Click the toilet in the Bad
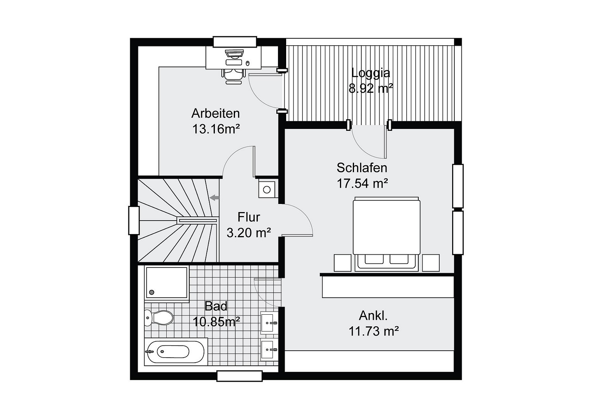pyautogui.click(x=159, y=318)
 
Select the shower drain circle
pyautogui.click(x=152, y=292)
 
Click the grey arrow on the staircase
pyautogui.click(x=214, y=197)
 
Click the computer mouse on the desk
pyautogui.click(x=248, y=63)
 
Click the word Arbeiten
pyautogui.click(x=216, y=113)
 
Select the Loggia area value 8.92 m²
pyautogui.click(x=371, y=88)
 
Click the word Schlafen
pyautogui.click(x=362, y=168)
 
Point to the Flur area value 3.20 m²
pyautogui.click(x=249, y=233)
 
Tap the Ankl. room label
pyautogui.click(x=373, y=316)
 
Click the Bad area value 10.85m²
pyautogui.click(x=216, y=322)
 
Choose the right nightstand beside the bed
pyautogui.click(x=431, y=263)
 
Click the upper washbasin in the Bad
pyautogui.click(x=269, y=322)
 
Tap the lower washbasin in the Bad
pyautogui.click(x=269, y=350)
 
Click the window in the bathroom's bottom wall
pyautogui.click(x=240, y=376)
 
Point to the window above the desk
pyautogui.click(x=235, y=42)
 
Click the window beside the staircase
pyautogui.click(x=134, y=220)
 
